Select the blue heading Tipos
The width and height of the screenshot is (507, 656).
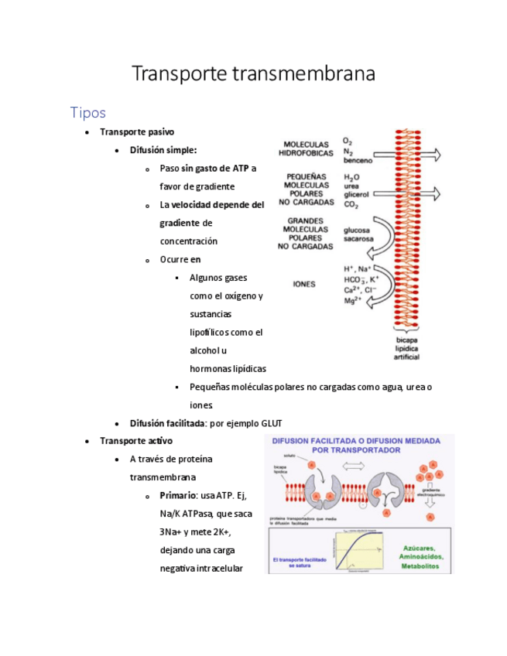87,113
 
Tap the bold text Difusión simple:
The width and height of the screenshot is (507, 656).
163,150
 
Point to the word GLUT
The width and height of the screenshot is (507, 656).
272,423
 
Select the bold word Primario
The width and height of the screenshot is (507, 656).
177,495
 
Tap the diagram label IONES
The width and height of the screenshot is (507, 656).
303,284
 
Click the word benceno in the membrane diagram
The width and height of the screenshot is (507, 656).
358,161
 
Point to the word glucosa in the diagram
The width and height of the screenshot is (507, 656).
357,230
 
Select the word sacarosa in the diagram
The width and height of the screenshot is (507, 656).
358,239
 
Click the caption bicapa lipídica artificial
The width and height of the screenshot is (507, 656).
407,349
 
